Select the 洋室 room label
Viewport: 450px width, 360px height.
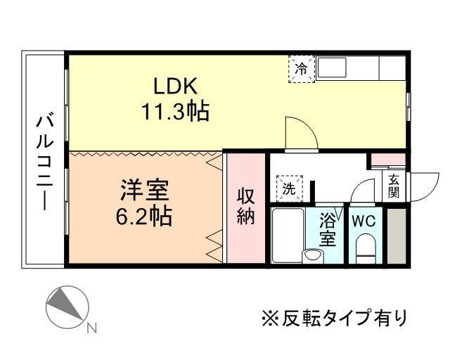click(143, 190)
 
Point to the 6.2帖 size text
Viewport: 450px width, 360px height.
click(143, 215)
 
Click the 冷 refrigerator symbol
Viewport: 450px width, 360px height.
click(301, 69)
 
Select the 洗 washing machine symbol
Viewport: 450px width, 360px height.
click(288, 188)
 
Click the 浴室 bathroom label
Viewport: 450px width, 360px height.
click(328, 229)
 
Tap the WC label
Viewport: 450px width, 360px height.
click(364, 220)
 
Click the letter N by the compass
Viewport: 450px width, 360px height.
click(91, 328)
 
